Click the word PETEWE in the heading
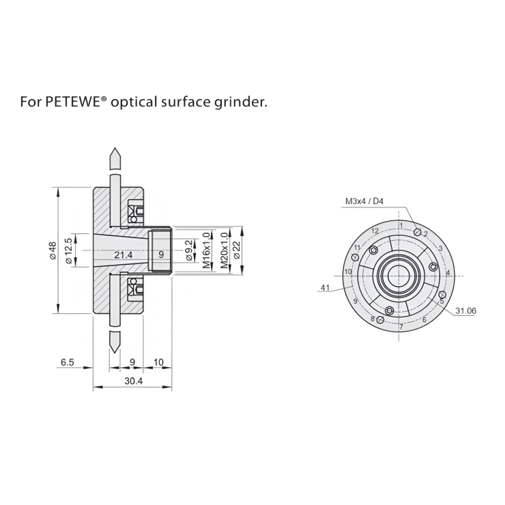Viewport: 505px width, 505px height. click(69, 103)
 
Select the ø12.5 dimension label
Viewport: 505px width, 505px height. click(69, 250)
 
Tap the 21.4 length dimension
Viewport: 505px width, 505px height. click(124, 255)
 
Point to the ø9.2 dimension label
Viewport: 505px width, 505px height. click(189, 251)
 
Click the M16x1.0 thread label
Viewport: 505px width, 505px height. click(206, 251)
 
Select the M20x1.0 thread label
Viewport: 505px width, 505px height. click(224, 251)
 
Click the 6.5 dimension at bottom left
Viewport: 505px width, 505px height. click(67, 362)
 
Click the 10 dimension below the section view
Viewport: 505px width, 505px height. click(158, 362)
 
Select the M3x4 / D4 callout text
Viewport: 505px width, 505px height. click(364, 201)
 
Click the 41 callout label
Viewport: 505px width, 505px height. click(325, 289)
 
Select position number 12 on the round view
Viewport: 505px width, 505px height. click(375, 231)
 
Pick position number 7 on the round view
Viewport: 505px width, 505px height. click(401, 327)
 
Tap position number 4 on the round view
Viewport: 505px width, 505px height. click(448, 273)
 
